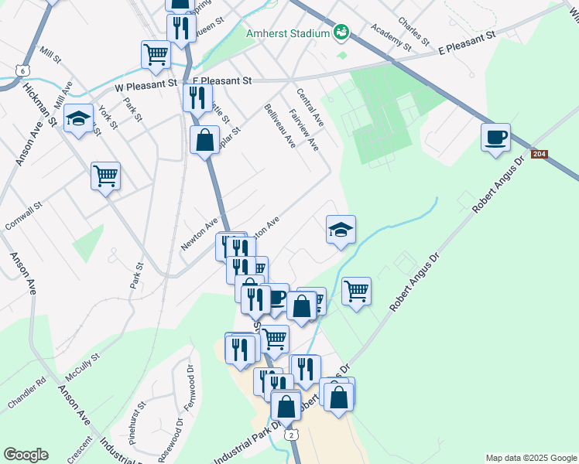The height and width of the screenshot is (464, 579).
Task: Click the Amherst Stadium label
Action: (x=287, y=33)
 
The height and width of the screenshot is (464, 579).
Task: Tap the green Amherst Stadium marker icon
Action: (x=341, y=32)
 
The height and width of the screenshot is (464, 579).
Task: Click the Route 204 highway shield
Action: (x=540, y=155)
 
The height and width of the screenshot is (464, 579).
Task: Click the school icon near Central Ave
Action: (x=341, y=230)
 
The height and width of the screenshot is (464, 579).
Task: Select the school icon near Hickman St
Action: (x=78, y=118)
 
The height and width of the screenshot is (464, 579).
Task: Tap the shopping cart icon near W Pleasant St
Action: (x=156, y=53)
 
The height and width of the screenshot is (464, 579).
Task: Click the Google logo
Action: (x=26, y=455)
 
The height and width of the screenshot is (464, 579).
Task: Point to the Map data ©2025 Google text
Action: (x=530, y=458)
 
